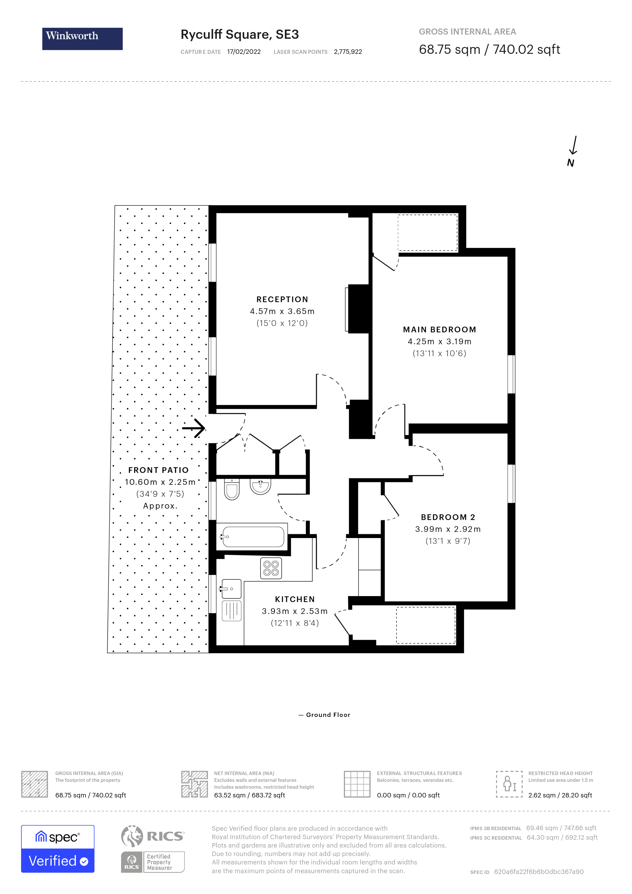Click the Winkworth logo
click(x=82, y=39)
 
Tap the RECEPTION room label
click(x=282, y=299)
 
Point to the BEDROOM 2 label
click(x=448, y=517)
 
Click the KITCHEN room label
click(x=295, y=599)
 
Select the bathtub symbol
click(x=253, y=537)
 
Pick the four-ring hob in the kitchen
click(x=271, y=568)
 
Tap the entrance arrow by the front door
click(x=194, y=428)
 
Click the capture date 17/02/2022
click(x=244, y=52)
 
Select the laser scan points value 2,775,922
click(x=348, y=52)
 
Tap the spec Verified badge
click(x=58, y=849)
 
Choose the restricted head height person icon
click(x=509, y=784)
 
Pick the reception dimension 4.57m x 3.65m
click(x=282, y=311)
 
